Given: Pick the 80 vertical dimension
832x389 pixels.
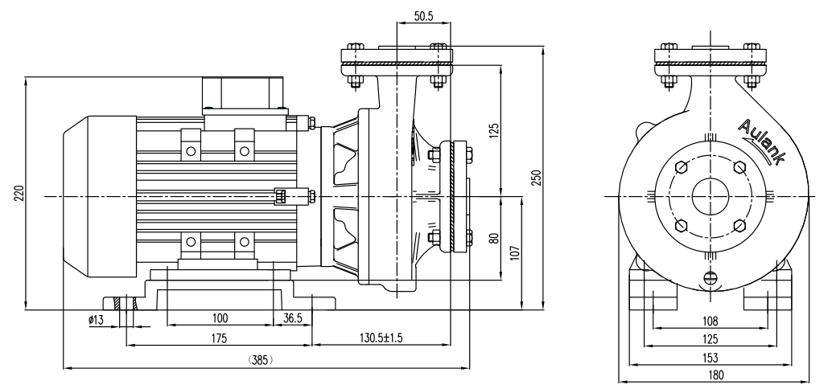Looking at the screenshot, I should pyautogui.click(x=494, y=238).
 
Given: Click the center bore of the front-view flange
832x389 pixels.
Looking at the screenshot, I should pyautogui.click(x=710, y=194).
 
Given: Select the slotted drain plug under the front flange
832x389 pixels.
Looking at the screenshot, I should pyautogui.click(x=710, y=278).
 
